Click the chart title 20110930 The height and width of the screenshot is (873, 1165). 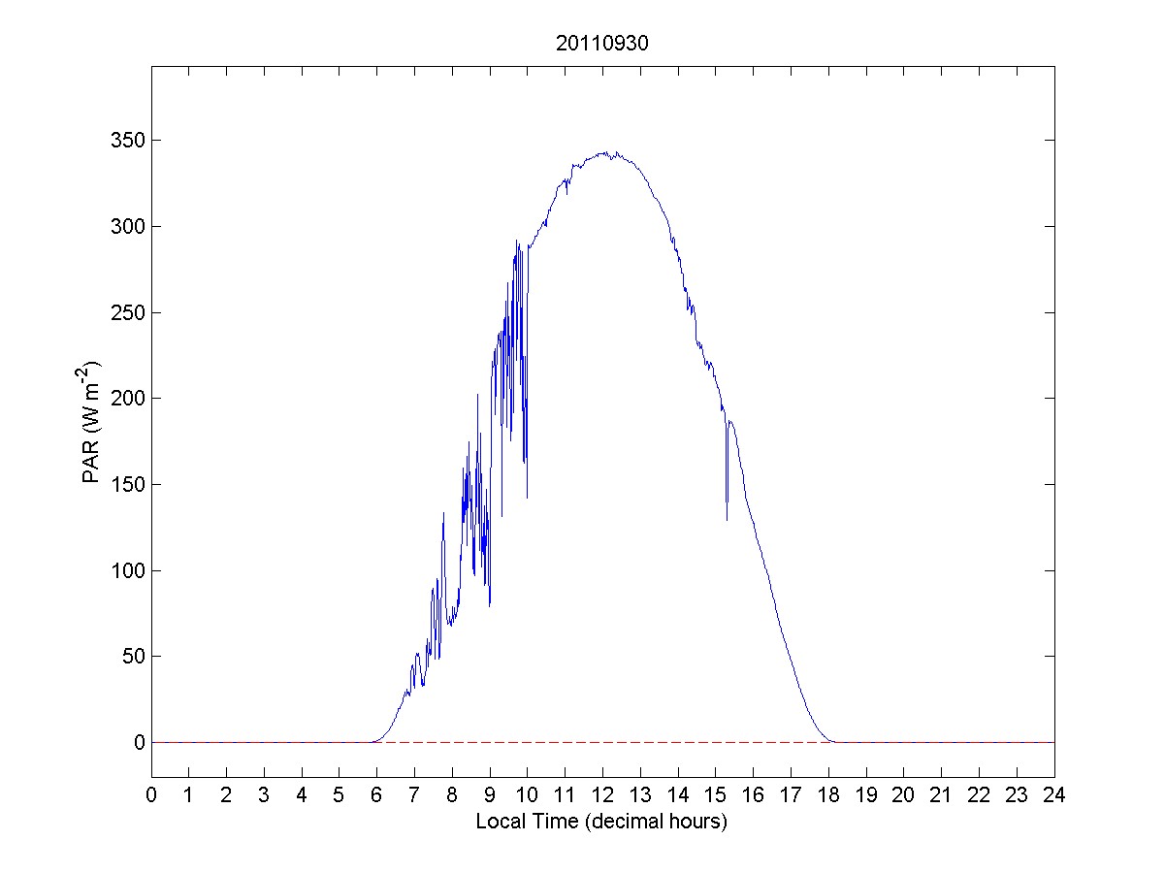tap(601, 44)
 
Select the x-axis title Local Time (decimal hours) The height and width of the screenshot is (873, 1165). tap(601, 822)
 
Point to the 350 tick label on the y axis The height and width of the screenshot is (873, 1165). tap(126, 141)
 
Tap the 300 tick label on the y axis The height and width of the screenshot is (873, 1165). tap(126, 226)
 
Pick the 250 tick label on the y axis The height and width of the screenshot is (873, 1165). tap(126, 312)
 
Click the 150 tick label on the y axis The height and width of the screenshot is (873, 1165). tap(126, 484)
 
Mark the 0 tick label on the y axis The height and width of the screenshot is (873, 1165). tap(140, 742)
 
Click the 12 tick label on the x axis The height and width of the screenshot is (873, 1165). tap(602, 795)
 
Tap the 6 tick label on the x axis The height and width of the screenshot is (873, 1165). tap(377, 795)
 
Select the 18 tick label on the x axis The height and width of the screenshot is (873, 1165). tap(828, 795)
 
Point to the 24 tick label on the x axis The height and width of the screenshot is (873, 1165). tap(1054, 795)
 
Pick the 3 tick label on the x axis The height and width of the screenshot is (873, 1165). tap(264, 795)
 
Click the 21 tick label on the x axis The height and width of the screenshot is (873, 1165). tap(941, 795)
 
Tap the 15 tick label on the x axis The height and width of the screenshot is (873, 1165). tap(715, 795)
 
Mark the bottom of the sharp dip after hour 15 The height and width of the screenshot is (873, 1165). tap(727, 520)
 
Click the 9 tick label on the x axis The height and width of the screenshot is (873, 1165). tap(490, 795)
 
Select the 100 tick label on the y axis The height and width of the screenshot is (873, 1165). tap(126, 570)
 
